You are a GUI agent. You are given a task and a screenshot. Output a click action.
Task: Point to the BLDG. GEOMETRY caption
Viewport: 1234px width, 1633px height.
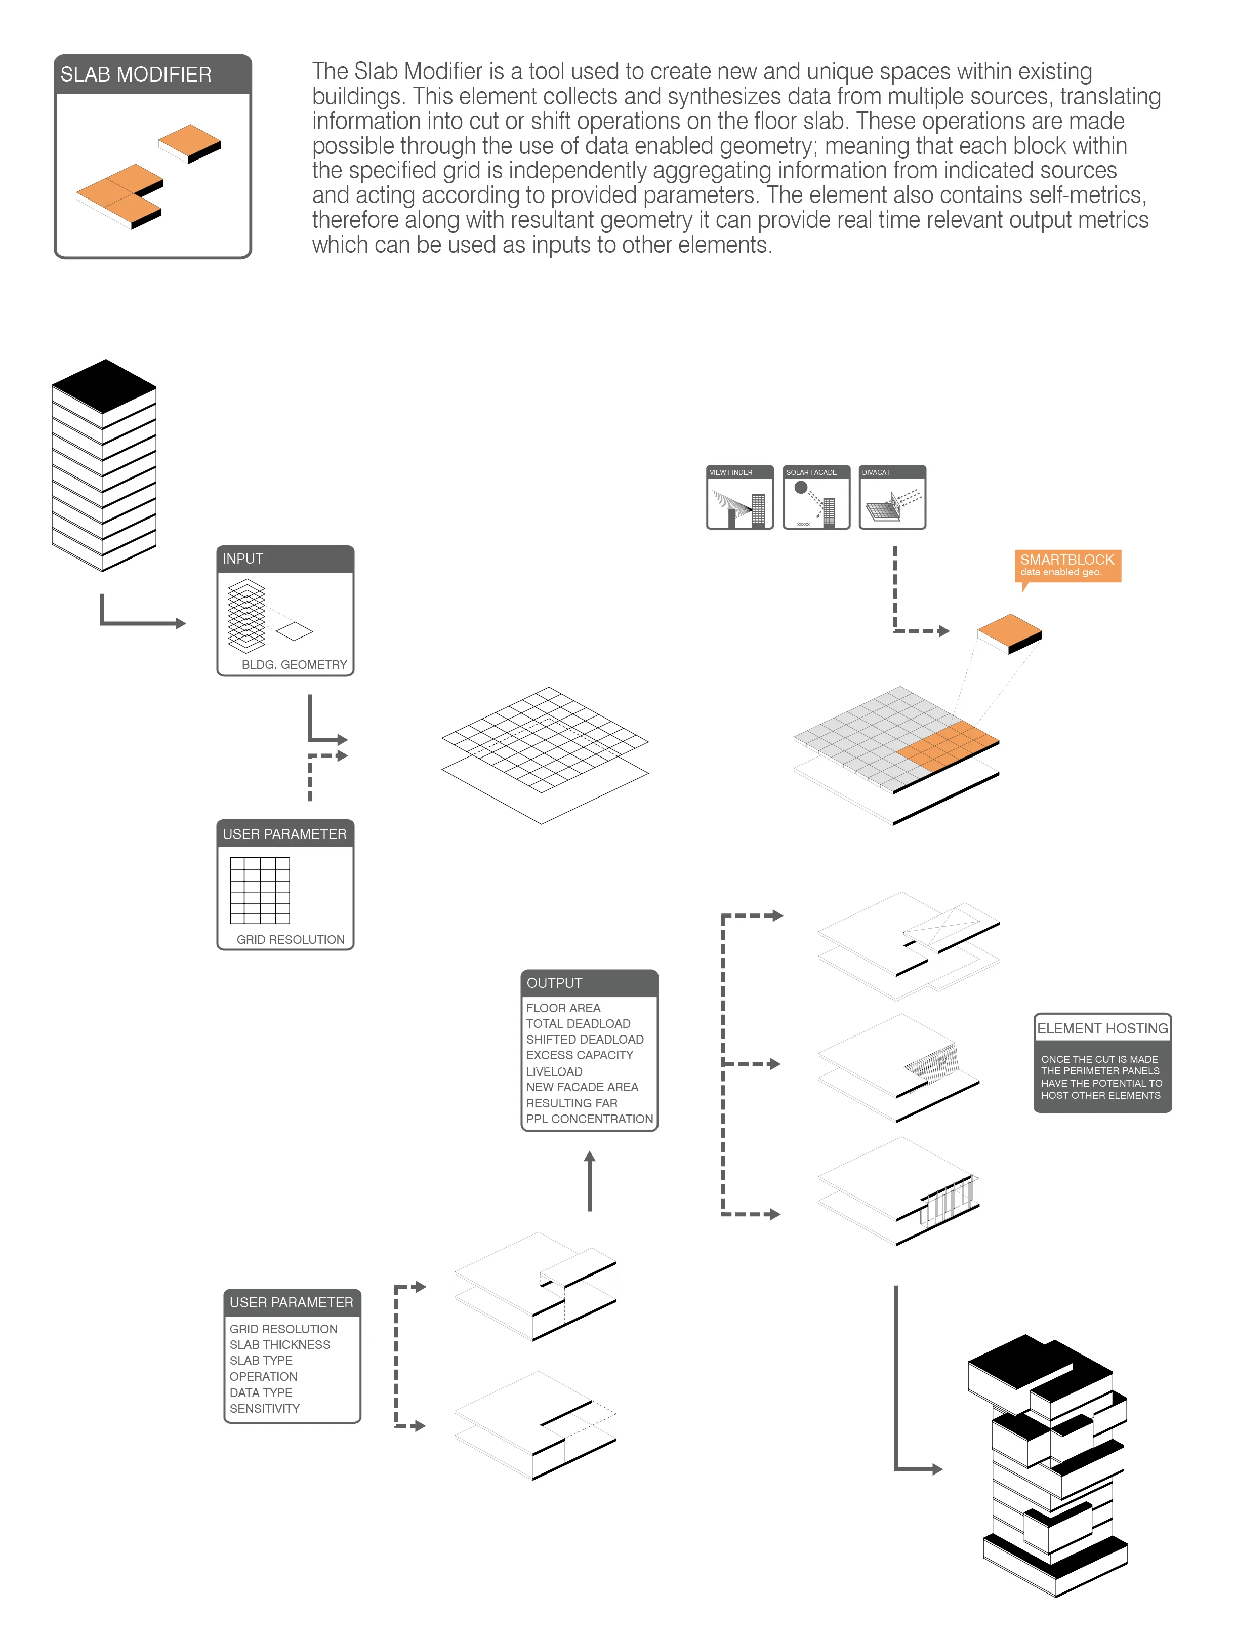[x=294, y=664]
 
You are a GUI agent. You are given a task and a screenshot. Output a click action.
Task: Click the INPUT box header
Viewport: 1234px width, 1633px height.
[x=285, y=559]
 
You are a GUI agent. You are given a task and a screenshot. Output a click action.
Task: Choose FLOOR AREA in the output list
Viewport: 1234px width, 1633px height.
[x=563, y=1008]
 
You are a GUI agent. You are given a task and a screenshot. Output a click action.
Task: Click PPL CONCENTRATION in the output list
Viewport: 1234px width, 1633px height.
[x=589, y=1119]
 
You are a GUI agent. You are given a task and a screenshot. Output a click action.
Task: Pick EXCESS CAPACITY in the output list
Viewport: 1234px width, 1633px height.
[x=580, y=1055]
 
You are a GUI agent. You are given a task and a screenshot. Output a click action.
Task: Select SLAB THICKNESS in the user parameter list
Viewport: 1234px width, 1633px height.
[x=280, y=1344]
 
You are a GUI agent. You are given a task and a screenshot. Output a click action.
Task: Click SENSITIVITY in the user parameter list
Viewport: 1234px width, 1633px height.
[x=264, y=1408]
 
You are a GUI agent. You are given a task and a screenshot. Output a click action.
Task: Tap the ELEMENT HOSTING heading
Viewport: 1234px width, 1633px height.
[x=1102, y=1028]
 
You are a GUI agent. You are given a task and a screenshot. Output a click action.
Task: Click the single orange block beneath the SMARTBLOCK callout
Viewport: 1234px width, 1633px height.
[x=1008, y=631]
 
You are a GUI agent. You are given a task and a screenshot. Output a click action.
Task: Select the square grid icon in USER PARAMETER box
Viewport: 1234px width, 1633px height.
[x=260, y=890]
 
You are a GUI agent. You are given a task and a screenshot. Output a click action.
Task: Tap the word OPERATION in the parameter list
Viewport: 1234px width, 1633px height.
[x=264, y=1376]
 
